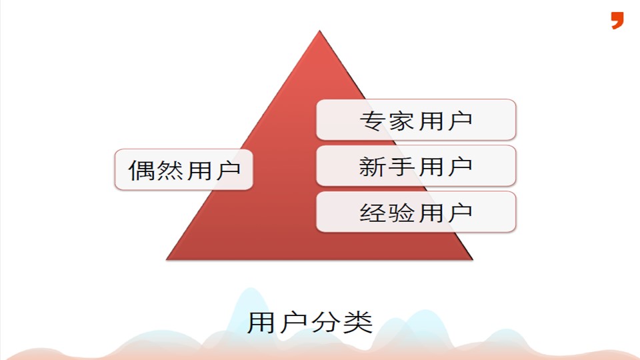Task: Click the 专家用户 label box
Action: pyautogui.click(x=416, y=120)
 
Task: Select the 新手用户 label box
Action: pyautogui.click(x=416, y=165)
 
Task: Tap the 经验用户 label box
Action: pyautogui.click(x=416, y=212)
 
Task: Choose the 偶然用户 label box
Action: pyautogui.click(x=184, y=169)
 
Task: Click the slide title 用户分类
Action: pyautogui.click(x=310, y=323)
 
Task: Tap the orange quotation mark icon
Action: pyautogui.click(x=617, y=20)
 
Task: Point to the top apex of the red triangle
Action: pyautogui.click(x=320, y=31)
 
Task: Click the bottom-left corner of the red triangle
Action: pyautogui.click(x=167, y=259)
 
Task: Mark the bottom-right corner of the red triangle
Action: pyautogui.click(x=472, y=259)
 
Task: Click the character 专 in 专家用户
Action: pyautogui.click(x=373, y=121)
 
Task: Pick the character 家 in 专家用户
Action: pyautogui.click(x=401, y=121)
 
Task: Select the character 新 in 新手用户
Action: pyautogui.click(x=373, y=166)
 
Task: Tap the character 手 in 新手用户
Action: pyautogui.click(x=401, y=166)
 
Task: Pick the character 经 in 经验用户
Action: pyautogui.click(x=373, y=213)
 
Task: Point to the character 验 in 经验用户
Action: pyautogui.click(x=401, y=213)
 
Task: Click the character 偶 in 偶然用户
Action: pyautogui.click(x=141, y=170)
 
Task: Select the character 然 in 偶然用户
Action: pyautogui.click(x=169, y=170)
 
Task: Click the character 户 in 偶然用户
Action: pyautogui.click(x=227, y=170)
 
